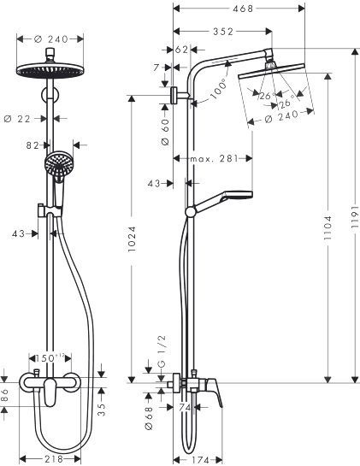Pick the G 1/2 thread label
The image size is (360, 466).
[163, 373]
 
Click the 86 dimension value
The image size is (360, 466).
[7, 395]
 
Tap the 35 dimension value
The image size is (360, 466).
[101, 409]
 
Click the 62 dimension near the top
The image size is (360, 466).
[180, 50]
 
